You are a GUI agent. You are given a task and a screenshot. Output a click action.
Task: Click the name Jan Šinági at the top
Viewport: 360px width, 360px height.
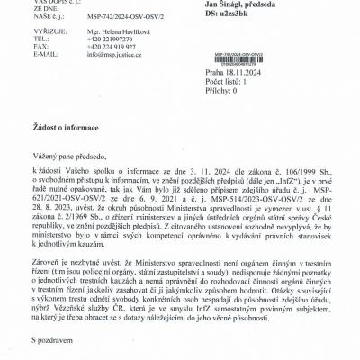point(229,5)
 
